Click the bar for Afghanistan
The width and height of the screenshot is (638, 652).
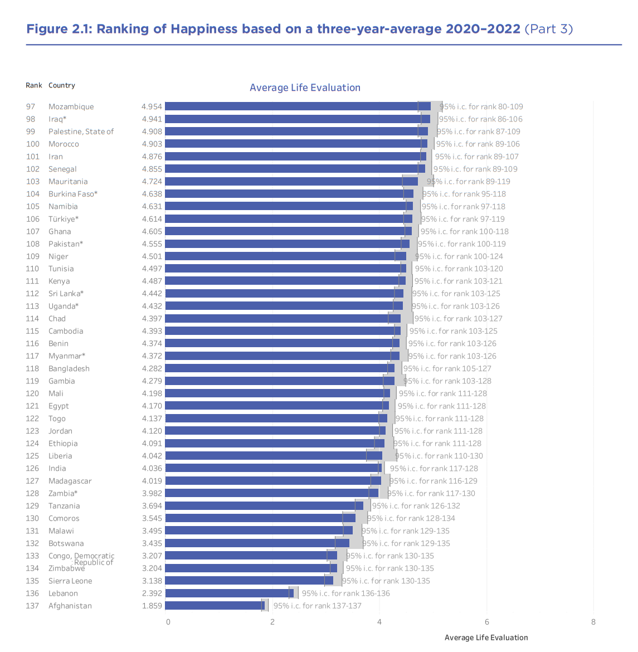215,606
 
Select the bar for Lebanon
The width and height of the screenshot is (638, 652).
229,593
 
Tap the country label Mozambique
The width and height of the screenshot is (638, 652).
71,106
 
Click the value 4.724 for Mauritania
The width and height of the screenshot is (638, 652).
152,182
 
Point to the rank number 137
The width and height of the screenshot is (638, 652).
32,606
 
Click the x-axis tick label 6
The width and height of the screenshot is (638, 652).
487,622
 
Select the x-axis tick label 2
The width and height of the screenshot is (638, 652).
272,622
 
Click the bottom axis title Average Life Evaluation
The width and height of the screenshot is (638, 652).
486,638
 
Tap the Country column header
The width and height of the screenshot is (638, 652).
61,85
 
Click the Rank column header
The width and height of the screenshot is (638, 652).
34,85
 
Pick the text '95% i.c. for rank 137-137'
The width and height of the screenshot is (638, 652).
317,606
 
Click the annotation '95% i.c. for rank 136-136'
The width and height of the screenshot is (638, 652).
345,593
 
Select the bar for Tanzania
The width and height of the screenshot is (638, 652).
264,506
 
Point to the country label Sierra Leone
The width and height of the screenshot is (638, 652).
70,581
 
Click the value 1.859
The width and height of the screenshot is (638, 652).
152,606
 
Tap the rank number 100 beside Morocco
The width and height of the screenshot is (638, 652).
32,144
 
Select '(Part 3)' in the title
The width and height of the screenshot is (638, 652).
548,29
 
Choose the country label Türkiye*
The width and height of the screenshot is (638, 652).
64,219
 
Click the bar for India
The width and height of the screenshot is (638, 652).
273,469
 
